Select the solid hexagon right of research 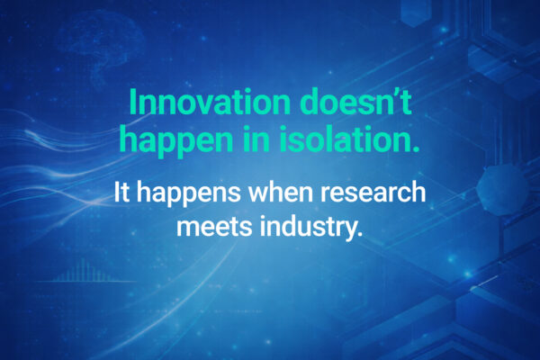[499, 191]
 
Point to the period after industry [360, 234]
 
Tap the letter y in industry [349, 229]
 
